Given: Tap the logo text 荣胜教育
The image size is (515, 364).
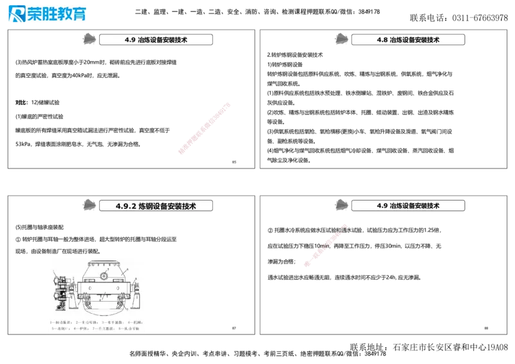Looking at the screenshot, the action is (x=57, y=14).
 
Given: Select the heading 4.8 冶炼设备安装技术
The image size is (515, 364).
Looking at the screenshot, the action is (x=409, y=40).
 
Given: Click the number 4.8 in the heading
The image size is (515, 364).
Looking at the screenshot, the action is (x=382, y=40).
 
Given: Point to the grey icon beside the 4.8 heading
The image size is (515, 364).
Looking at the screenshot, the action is (x=339, y=39).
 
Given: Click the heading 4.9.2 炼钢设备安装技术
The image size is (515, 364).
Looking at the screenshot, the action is (x=156, y=206).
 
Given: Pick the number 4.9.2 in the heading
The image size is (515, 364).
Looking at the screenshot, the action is (x=126, y=206).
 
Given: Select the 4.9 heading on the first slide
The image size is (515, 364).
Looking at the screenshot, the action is (x=156, y=40).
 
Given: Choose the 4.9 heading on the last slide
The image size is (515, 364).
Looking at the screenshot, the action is (x=409, y=206).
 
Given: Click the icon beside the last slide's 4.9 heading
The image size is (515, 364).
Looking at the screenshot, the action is (x=340, y=205).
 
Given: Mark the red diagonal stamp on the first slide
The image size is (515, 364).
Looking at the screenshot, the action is (x=203, y=127).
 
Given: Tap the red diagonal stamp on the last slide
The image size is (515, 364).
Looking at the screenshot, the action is (x=326, y=244).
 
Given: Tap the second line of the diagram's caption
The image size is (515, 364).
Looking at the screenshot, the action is (x=97, y=328).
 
